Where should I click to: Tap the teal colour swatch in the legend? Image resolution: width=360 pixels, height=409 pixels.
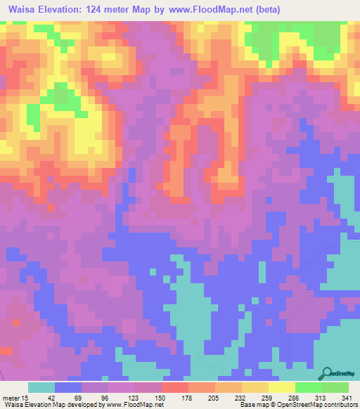[x=41, y=387]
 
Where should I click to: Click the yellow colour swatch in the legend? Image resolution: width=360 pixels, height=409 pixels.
[x=281, y=387]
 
